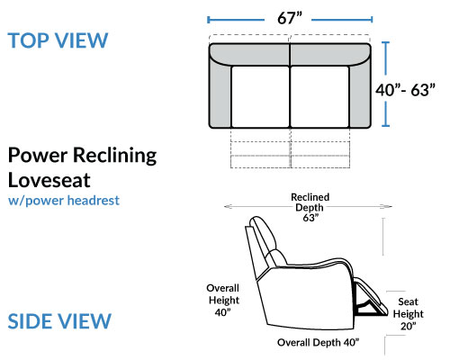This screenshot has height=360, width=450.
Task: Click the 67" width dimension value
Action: (x=290, y=18)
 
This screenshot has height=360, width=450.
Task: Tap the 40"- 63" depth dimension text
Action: (x=405, y=90)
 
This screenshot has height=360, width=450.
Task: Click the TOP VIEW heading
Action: (x=58, y=40)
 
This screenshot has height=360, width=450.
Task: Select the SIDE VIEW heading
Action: (x=59, y=321)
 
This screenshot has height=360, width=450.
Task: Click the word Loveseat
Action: (x=49, y=180)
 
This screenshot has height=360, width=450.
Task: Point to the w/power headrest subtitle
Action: (x=64, y=201)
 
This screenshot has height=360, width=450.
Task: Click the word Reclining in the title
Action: (x=115, y=156)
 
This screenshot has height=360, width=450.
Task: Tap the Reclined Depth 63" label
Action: (x=310, y=207)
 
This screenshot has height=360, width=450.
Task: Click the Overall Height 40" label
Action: (x=223, y=300)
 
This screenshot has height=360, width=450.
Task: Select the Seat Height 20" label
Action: (x=409, y=314)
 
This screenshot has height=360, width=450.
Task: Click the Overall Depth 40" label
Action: (x=318, y=342)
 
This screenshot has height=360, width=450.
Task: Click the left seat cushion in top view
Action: (x=260, y=96)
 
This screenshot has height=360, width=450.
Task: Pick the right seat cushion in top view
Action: (x=319, y=96)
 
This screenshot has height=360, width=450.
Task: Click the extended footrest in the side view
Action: (x=372, y=297)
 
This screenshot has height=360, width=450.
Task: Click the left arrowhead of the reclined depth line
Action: (x=228, y=206)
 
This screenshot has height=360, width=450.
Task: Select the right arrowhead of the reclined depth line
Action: (x=388, y=206)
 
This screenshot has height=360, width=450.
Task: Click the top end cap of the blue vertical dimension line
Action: (x=386, y=42)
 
